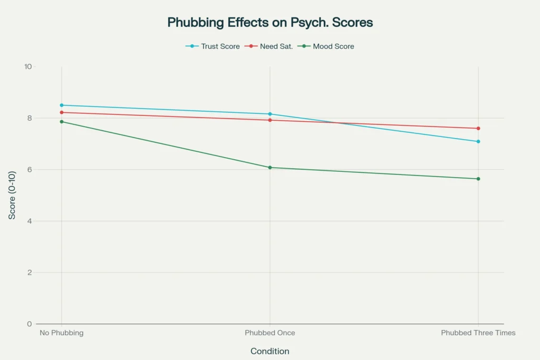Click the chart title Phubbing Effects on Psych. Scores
point(270,23)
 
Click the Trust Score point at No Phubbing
point(62,105)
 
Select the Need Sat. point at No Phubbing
point(62,112)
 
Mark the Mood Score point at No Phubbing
point(62,122)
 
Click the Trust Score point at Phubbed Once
point(270,114)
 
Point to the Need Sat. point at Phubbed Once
point(270,120)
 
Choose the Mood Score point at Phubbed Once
point(270,168)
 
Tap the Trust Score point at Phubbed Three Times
point(478,141)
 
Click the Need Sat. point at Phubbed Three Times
point(478,129)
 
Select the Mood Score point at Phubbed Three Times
point(478,179)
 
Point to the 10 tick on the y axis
point(28,67)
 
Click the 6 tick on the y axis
point(30,170)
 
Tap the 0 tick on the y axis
point(30,324)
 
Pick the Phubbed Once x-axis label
point(270,333)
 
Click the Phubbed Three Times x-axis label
point(478,333)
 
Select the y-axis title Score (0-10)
point(12,196)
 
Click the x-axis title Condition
point(270,351)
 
